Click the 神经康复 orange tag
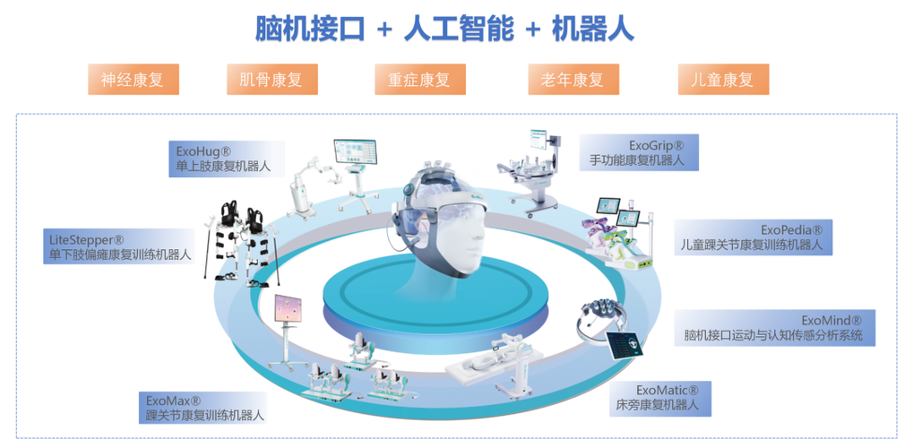pos(133,79)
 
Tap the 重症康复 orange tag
pos(419,79)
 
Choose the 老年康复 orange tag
pos(572,79)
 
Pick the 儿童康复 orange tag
pos(723,79)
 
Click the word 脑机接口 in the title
pos(310,29)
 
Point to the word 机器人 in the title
pos(592,29)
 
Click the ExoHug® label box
pos(226,159)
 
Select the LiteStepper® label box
pos(120,246)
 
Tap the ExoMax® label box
pos(205,407)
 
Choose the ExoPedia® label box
pos(753,237)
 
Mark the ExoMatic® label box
pos(662,399)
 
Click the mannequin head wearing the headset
pos(445,220)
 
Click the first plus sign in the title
pos(384,30)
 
